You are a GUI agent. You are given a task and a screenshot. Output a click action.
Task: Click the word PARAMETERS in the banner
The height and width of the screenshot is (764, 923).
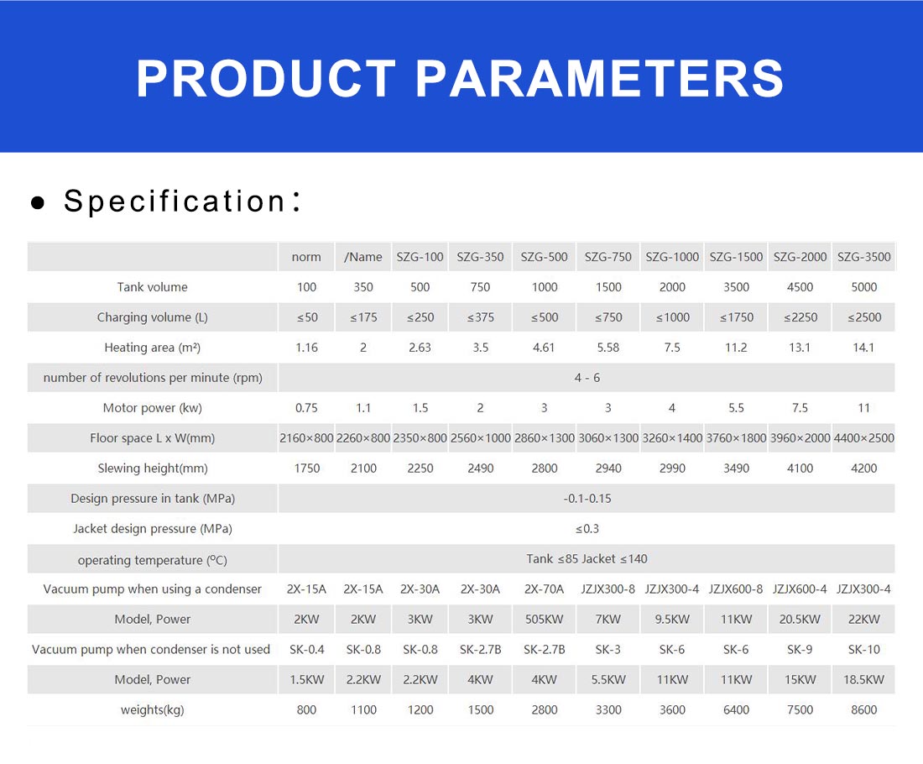pyautogui.click(x=599, y=78)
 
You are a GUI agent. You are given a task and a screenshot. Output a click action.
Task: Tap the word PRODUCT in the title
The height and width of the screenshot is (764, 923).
pyautogui.click(x=266, y=78)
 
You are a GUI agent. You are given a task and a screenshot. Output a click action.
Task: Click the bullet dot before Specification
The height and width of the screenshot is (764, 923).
pyautogui.click(x=38, y=203)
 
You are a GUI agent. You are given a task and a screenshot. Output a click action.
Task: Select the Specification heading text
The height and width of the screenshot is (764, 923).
pyautogui.click(x=182, y=201)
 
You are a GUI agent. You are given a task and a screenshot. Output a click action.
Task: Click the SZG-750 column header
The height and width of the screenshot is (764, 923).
pyautogui.click(x=608, y=257)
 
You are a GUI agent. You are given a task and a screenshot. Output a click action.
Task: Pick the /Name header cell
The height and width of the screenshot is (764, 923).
pyautogui.click(x=363, y=257)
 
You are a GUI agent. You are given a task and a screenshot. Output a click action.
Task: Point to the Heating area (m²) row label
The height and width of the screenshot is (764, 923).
pyautogui.click(x=153, y=348)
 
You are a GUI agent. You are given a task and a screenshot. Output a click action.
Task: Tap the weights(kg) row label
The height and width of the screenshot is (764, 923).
pyautogui.click(x=153, y=709)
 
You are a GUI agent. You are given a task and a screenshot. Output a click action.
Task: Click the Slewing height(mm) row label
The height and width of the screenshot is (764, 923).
pyautogui.click(x=153, y=468)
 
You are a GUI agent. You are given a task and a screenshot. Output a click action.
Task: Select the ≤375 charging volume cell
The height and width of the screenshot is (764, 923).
pyautogui.click(x=480, y=317)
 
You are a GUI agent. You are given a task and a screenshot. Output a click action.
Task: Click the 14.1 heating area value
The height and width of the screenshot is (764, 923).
pyautogui.click(x=863, y=348)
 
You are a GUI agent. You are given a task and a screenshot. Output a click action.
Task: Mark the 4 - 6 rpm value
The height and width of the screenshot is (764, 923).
pyautogui.click(x=587, y=378)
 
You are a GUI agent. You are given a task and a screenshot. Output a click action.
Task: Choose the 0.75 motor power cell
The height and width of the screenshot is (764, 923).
pyautogui.click(x=306, y=408)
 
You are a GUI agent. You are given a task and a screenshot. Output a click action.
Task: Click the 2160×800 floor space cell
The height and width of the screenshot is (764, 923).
pyautogui.click(x=306, y=438)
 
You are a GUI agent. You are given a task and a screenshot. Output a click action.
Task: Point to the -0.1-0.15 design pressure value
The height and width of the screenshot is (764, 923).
pyautogui.click(x=587, y=499)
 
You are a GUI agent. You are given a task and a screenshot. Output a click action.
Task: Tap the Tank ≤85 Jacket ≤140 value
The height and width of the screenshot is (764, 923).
pyautogui.click(x=587, y=558)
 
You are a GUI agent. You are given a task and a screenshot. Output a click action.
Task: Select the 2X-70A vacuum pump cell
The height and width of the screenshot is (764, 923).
pyautogui.click(x=544, y=589)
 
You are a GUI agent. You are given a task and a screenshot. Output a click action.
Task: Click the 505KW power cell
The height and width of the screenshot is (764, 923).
pyautogui.click(x=544, y=619)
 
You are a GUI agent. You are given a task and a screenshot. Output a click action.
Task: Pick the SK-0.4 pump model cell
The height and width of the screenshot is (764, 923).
pyautogui.click(x=306, y=649)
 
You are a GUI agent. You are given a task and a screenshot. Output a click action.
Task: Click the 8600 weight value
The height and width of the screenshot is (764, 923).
pyautogui.click(x=863, y=709)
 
